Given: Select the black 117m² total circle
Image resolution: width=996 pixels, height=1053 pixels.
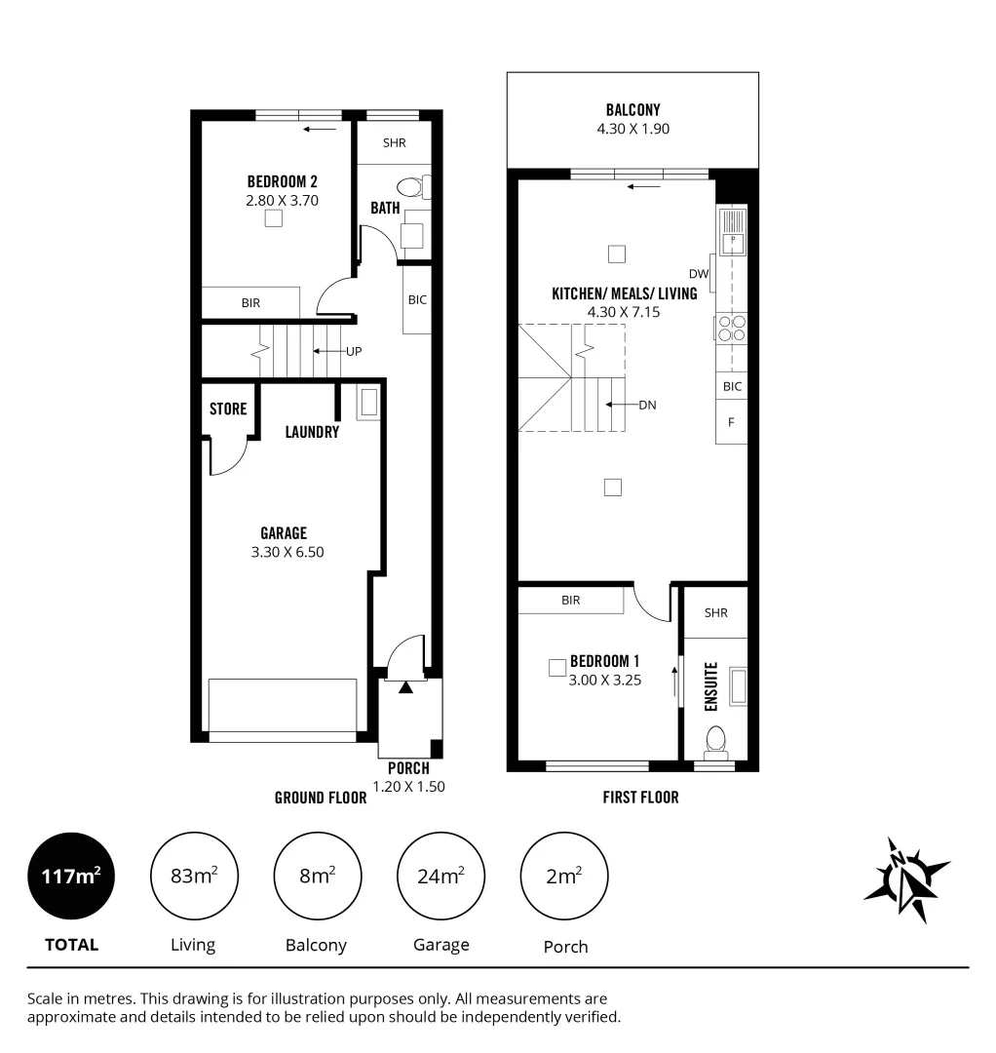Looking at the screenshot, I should coord(72,877).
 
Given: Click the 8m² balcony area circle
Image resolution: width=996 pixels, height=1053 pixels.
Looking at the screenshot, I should coord(317,877).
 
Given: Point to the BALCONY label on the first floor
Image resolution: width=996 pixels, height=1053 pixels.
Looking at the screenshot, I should coord(632,111).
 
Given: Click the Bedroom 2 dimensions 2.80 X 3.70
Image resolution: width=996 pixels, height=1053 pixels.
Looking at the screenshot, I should coord(283,201).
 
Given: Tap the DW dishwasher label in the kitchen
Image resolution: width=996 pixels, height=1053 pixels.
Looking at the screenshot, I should coord(698,274).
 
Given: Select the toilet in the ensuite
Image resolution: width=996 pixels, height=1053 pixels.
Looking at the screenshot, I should coord(716,740).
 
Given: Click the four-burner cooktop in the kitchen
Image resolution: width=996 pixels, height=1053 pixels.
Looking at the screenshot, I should coord(731,329).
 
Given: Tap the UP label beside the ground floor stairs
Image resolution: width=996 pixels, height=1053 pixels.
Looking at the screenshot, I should coord(355,351).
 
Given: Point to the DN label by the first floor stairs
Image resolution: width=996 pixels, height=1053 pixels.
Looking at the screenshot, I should coord(647,405).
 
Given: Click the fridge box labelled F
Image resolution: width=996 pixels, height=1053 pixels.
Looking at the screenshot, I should coord(732,422).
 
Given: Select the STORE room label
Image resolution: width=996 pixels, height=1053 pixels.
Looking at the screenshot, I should coord(228,409).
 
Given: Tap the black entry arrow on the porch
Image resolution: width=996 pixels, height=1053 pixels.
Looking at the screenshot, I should coord(404,688).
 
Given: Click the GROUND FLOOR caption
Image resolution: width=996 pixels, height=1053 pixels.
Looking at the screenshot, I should coord(320,798).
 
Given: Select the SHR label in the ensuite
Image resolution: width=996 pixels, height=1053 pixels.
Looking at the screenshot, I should coord(715,613).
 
